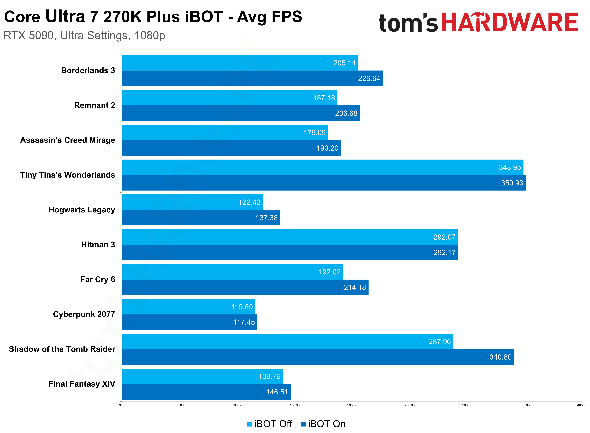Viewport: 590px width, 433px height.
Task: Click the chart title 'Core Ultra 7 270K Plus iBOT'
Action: (x=153, y=17)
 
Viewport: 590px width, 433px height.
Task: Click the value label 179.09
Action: (x=315, y=133)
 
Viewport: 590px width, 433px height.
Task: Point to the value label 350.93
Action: (x=512, y=183)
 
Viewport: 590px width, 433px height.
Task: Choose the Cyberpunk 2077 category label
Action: (x=84, y=314)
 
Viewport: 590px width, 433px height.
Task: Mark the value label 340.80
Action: (x=500, y=357)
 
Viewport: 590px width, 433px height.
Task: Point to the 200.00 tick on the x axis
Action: (x=352, y=405)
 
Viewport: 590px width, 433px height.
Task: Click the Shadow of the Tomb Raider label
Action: (x=62, y=349)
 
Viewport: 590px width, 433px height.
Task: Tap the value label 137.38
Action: (x=267, y=218)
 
